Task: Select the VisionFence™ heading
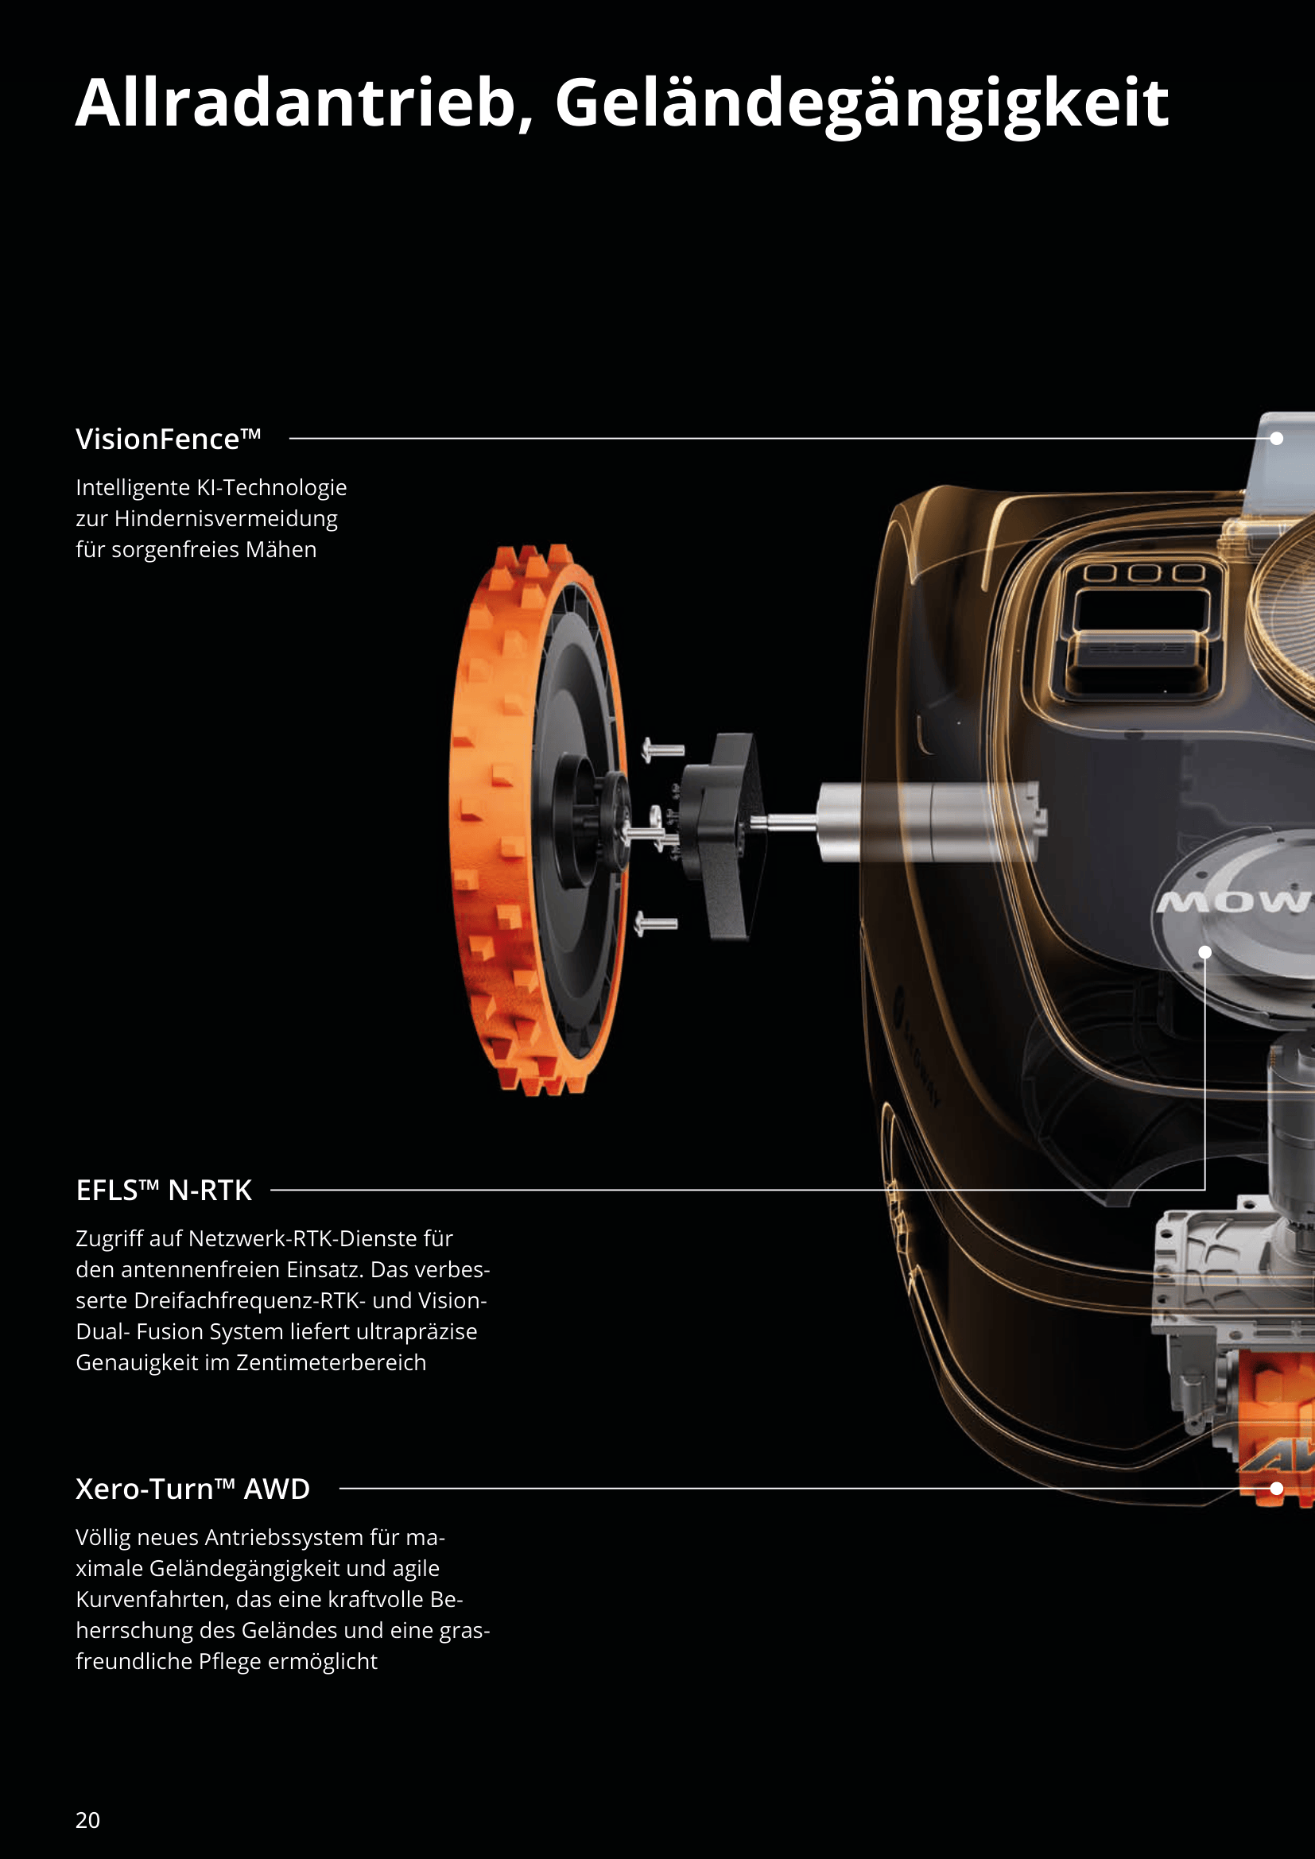pyautogui.click(x=168, y=439)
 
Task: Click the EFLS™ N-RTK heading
pyautogui.click(x=164, y=1191)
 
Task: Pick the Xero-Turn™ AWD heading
pyautogui.click(x=192, y=1488)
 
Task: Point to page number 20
pyautogui.click(x=87, y=1820)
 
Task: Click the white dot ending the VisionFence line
pyautogui.click(x=1277, y=438)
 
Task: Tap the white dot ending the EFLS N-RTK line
pyautogui.click(x=1204, y=952)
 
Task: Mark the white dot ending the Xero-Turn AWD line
pyautogui.click(x=1277, y=1488)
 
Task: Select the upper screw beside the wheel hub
pyautogui.click(x=663, y=749)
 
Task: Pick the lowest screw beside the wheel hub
pyautogui.click(x=656, y=922)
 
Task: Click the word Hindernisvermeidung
pyautogui.click(x=226, y=518)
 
